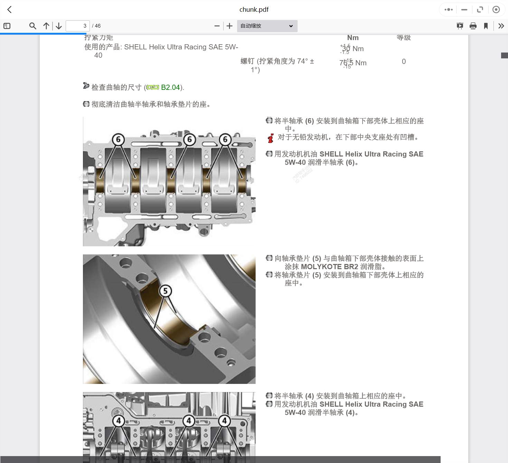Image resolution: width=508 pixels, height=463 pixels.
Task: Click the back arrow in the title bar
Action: (10, 10)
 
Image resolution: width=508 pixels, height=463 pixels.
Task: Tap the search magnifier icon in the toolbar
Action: (33, 26)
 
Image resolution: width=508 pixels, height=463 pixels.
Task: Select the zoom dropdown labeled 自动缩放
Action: (267, 26)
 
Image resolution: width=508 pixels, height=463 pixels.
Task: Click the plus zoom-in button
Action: (229, 26)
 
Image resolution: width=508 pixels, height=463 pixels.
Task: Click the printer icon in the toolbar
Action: (473, 26)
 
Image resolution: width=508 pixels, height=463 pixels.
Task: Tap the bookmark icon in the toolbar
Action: (486, 26)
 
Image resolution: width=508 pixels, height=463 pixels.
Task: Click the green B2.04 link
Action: (170, 87)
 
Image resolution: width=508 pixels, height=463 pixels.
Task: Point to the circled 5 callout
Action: (165, 291)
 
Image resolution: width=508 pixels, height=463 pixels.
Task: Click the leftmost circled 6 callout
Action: (118, 140)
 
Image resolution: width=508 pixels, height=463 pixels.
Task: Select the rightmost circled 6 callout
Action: (225, 140)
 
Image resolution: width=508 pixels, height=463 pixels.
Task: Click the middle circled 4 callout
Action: (189, 421)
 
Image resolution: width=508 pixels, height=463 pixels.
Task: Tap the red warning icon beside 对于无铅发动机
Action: (271, 138)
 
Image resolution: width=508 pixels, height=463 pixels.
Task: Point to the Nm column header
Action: (353, 38)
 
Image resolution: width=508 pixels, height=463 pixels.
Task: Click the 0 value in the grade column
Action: (404, 62)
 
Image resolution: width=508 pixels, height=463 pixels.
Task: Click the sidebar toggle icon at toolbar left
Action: (7, 26)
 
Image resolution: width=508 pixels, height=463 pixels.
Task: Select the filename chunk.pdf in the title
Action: (254, 10)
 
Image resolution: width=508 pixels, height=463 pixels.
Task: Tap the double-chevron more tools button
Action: (501, 26)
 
